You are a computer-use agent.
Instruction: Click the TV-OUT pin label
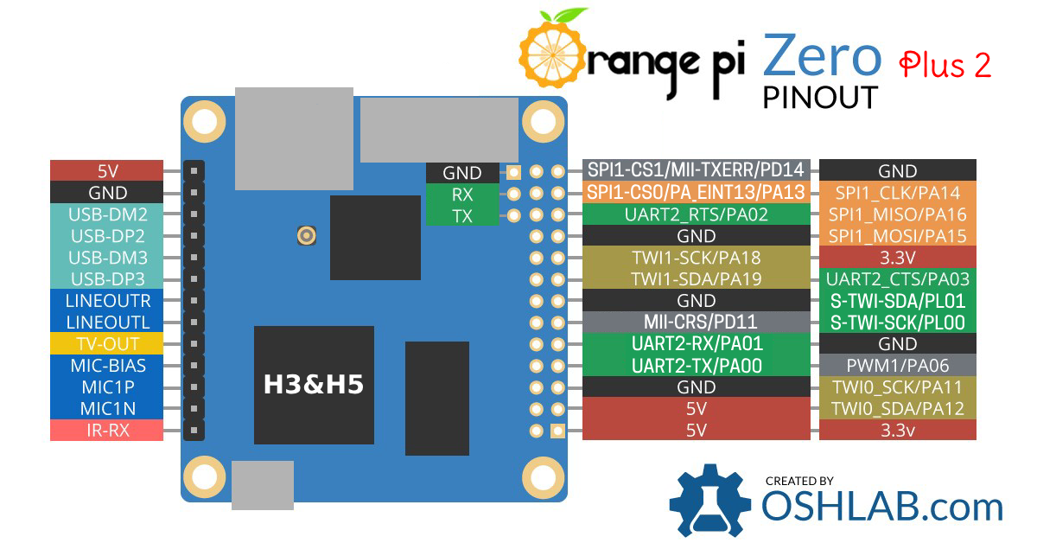(x=107, y=343)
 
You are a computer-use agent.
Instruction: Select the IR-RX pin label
(x=107, y=430)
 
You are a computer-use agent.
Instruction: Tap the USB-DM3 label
(x=107, y=257)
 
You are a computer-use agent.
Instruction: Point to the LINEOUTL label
(x=107, y=322)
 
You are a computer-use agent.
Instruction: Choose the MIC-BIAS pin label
(x=107, y=365)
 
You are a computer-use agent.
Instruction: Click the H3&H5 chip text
(x=314, y=385)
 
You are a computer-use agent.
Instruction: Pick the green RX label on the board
(x=462, y=195)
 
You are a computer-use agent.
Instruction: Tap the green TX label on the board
(x=462, y=216)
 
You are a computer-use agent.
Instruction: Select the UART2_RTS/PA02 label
(x=696, y=214)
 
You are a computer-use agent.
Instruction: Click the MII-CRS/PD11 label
(x=696, y=323)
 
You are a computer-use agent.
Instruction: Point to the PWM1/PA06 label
(x=897, y=365)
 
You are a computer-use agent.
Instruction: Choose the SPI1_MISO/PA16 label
(x=897, y=214)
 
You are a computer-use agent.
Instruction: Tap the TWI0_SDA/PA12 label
(x=897, y=408)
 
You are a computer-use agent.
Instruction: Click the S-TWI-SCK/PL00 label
(x=897, y=323)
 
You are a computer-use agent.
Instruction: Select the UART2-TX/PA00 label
(x=696, y=366)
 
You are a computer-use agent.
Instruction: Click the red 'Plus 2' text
(x=945, y=66)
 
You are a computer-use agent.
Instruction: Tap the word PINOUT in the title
(x=820, y=96)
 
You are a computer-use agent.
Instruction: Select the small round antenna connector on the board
(x=305, y=235)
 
